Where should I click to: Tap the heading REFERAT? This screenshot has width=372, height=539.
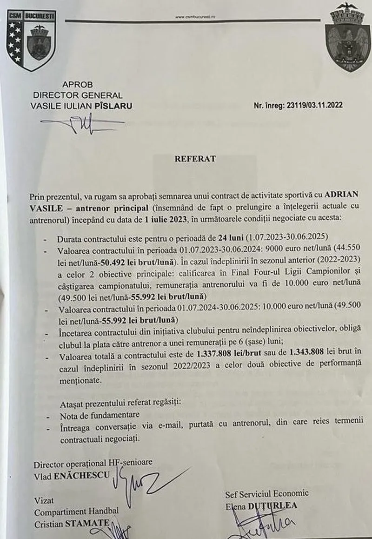[195, 158]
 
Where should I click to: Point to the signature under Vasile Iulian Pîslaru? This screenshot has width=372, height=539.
[84, 123]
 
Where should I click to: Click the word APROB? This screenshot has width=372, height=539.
[77, 85]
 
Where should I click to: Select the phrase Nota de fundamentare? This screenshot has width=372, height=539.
[100, 415]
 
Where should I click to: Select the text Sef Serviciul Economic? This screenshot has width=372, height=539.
[266, 494]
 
